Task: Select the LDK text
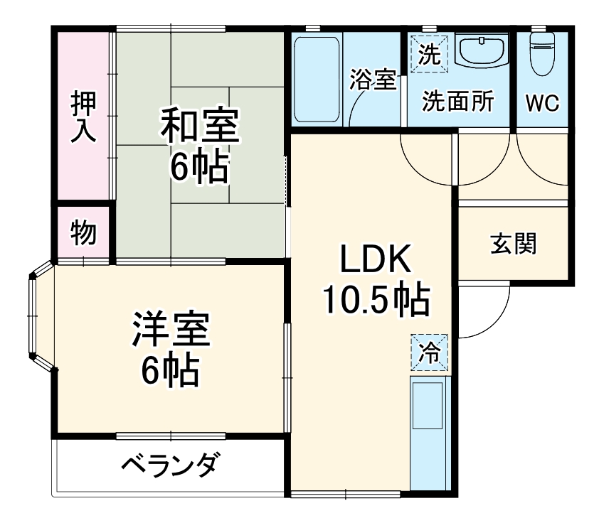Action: (x=375, y=261)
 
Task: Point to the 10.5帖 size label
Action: (x=376, y=300)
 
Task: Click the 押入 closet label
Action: (x=83, y=117)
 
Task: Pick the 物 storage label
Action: (x=83, y=232)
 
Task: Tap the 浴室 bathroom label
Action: (x=372, y=80)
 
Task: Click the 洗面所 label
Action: (x=457, y=102)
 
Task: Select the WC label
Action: (x=542, y=103)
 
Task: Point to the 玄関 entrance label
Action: (x=513, y=244)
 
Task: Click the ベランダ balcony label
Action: (x=169, y=466)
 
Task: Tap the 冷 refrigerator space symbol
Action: (x=429, y=352)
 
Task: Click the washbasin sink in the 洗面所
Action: (x=482, y=50)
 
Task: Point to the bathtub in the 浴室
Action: (x=317, y=78)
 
